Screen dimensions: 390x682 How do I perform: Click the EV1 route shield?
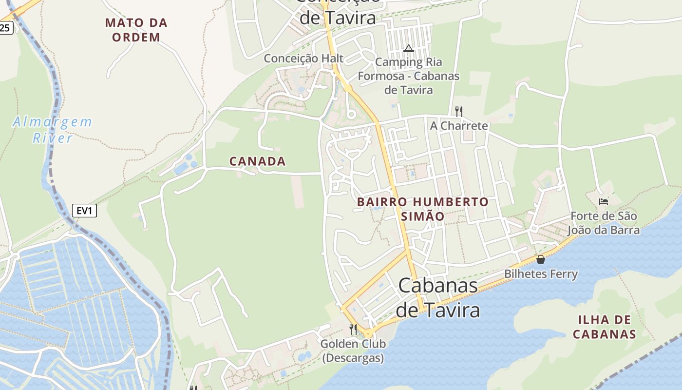point(85,211)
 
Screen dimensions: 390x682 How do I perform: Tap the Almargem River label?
point(52,130)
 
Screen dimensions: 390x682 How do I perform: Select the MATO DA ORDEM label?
point(136,30)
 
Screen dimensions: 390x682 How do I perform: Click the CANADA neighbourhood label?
point(257,161)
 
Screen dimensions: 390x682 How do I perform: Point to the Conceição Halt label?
point(303,58)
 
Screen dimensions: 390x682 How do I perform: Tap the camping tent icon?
point(408,48)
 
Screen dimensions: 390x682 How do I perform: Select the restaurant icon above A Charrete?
point(458,111)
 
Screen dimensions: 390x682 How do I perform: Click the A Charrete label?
point(458,126)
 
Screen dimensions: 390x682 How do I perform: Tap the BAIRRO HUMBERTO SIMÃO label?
point(422,209)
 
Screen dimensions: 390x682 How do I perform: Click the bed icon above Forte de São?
point(604,201)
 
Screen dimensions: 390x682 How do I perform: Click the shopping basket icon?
point(540,259)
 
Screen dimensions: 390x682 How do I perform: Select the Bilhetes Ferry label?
point(541,274)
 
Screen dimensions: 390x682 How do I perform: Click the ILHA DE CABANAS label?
point(604,327)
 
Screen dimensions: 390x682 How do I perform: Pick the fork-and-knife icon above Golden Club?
point(353,330)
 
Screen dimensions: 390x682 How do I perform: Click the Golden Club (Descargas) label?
point(353,351)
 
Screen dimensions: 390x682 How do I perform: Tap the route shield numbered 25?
point(5,28)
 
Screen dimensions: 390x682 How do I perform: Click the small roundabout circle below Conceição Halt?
point(351,115)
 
